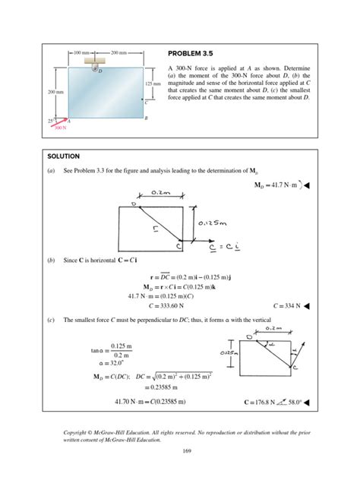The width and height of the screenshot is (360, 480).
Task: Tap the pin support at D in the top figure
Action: pos(94,68)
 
